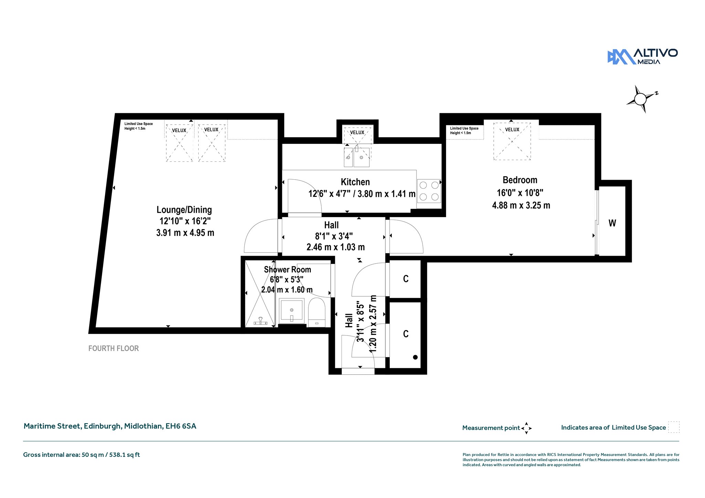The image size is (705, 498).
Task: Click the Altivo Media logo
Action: point(642,57)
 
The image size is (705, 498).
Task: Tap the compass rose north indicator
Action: point(641,99)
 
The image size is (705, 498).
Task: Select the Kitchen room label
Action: point(355,182)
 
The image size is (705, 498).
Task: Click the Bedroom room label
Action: point(520,180)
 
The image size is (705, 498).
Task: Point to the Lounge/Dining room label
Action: point(184,210)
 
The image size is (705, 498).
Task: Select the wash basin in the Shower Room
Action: point(292,311)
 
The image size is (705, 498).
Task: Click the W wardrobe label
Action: point(612,223)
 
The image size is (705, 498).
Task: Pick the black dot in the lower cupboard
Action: point(415,357)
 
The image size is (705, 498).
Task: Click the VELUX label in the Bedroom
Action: point(512,130)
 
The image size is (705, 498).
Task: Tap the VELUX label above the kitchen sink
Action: point(357,133)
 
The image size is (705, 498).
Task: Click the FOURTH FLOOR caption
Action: point(114,348)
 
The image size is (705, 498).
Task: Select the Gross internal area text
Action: point(82,455)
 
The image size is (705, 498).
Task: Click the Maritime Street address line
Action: point(110,426)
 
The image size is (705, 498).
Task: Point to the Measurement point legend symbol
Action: point(526,428)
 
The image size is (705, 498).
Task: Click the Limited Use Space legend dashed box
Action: point(674,427)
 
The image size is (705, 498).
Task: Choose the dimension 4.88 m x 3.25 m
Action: point(521,205)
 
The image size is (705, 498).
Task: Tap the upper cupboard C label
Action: point(406,279)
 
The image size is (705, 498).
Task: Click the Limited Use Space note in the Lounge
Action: point(138,126)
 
